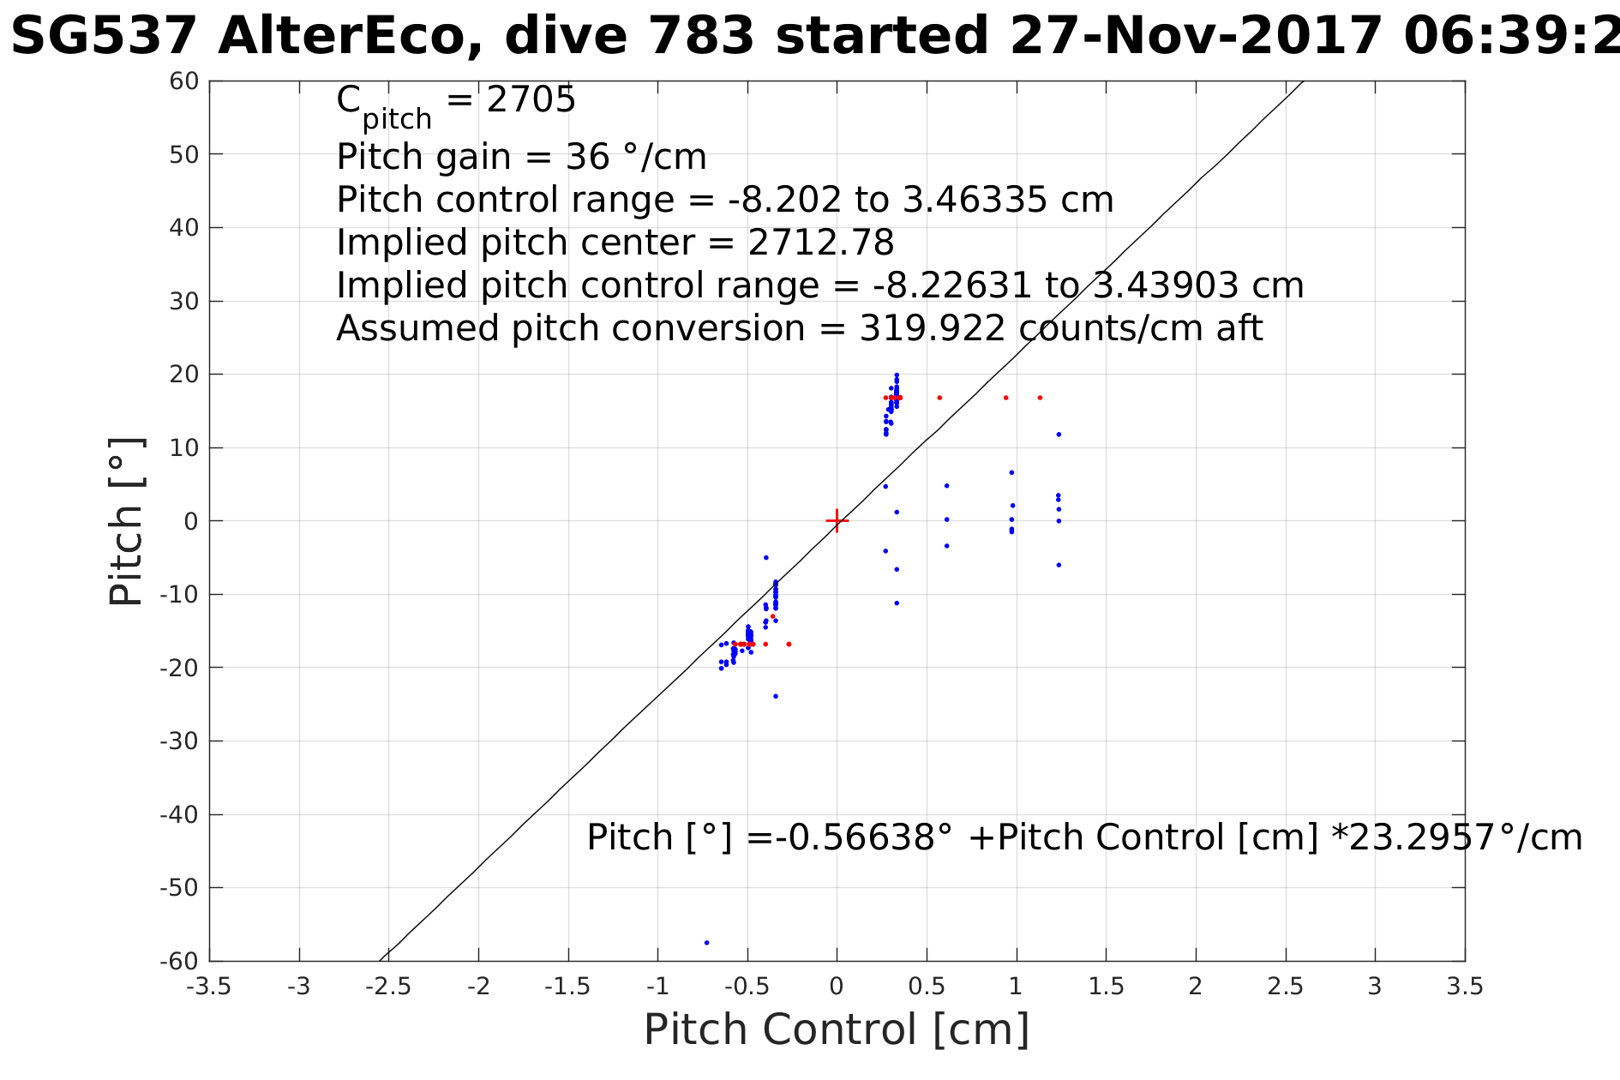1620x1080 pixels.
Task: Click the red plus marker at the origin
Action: point(837,520)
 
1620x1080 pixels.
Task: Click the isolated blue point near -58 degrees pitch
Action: point(706,943)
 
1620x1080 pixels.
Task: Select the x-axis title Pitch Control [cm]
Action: point(837,1029)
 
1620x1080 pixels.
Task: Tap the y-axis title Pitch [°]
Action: point(126,521)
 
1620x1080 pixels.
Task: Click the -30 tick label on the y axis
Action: point(180,741)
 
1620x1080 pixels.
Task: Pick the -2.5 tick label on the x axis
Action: point(388,987)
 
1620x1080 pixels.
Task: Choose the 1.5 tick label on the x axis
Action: point(1106,987)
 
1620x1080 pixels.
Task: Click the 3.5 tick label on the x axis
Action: point(1464,987)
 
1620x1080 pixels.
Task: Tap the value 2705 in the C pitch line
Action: point(531,100)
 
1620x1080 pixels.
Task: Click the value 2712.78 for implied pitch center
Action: point(820,243)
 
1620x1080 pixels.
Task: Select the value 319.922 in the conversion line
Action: point(933,328)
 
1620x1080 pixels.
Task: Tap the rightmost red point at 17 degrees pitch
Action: point(1040,398)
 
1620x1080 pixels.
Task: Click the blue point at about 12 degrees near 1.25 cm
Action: point(1059,435)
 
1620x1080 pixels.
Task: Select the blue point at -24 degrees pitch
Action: point(776,696)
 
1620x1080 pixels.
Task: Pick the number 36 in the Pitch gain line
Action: point(587,157)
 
